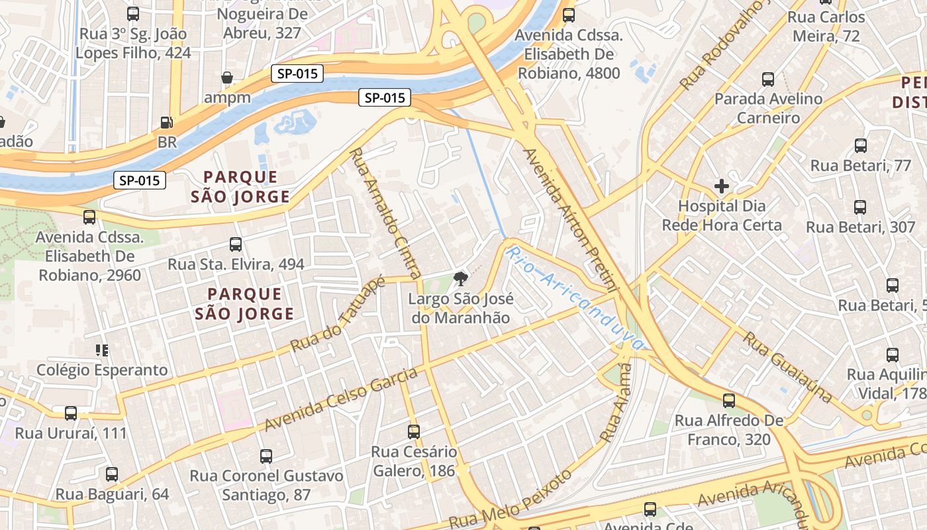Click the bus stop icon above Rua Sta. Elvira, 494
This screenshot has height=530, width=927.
(236, 244)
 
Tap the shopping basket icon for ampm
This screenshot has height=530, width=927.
(227, 78)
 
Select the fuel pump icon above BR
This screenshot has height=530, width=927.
(166, 123)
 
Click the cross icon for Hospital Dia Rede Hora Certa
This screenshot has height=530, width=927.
(722, 186)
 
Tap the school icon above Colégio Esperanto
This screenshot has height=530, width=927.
(101, 350)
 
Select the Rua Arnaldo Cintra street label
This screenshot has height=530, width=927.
(385, 213)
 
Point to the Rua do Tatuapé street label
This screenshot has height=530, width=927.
(338, 315)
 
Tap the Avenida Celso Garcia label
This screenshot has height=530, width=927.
(341, 399)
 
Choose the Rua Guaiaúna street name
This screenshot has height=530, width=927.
(787, 366)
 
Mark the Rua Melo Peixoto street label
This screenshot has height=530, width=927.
(510, 500)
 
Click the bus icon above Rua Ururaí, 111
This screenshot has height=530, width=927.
(71, 413)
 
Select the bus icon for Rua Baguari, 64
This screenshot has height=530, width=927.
(112, 474)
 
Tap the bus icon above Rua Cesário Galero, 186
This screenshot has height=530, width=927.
(414, 432)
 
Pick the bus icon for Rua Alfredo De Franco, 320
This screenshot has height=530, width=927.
(728, 401)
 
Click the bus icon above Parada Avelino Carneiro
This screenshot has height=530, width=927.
(768, 79)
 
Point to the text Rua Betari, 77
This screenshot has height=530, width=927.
(861, 166)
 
